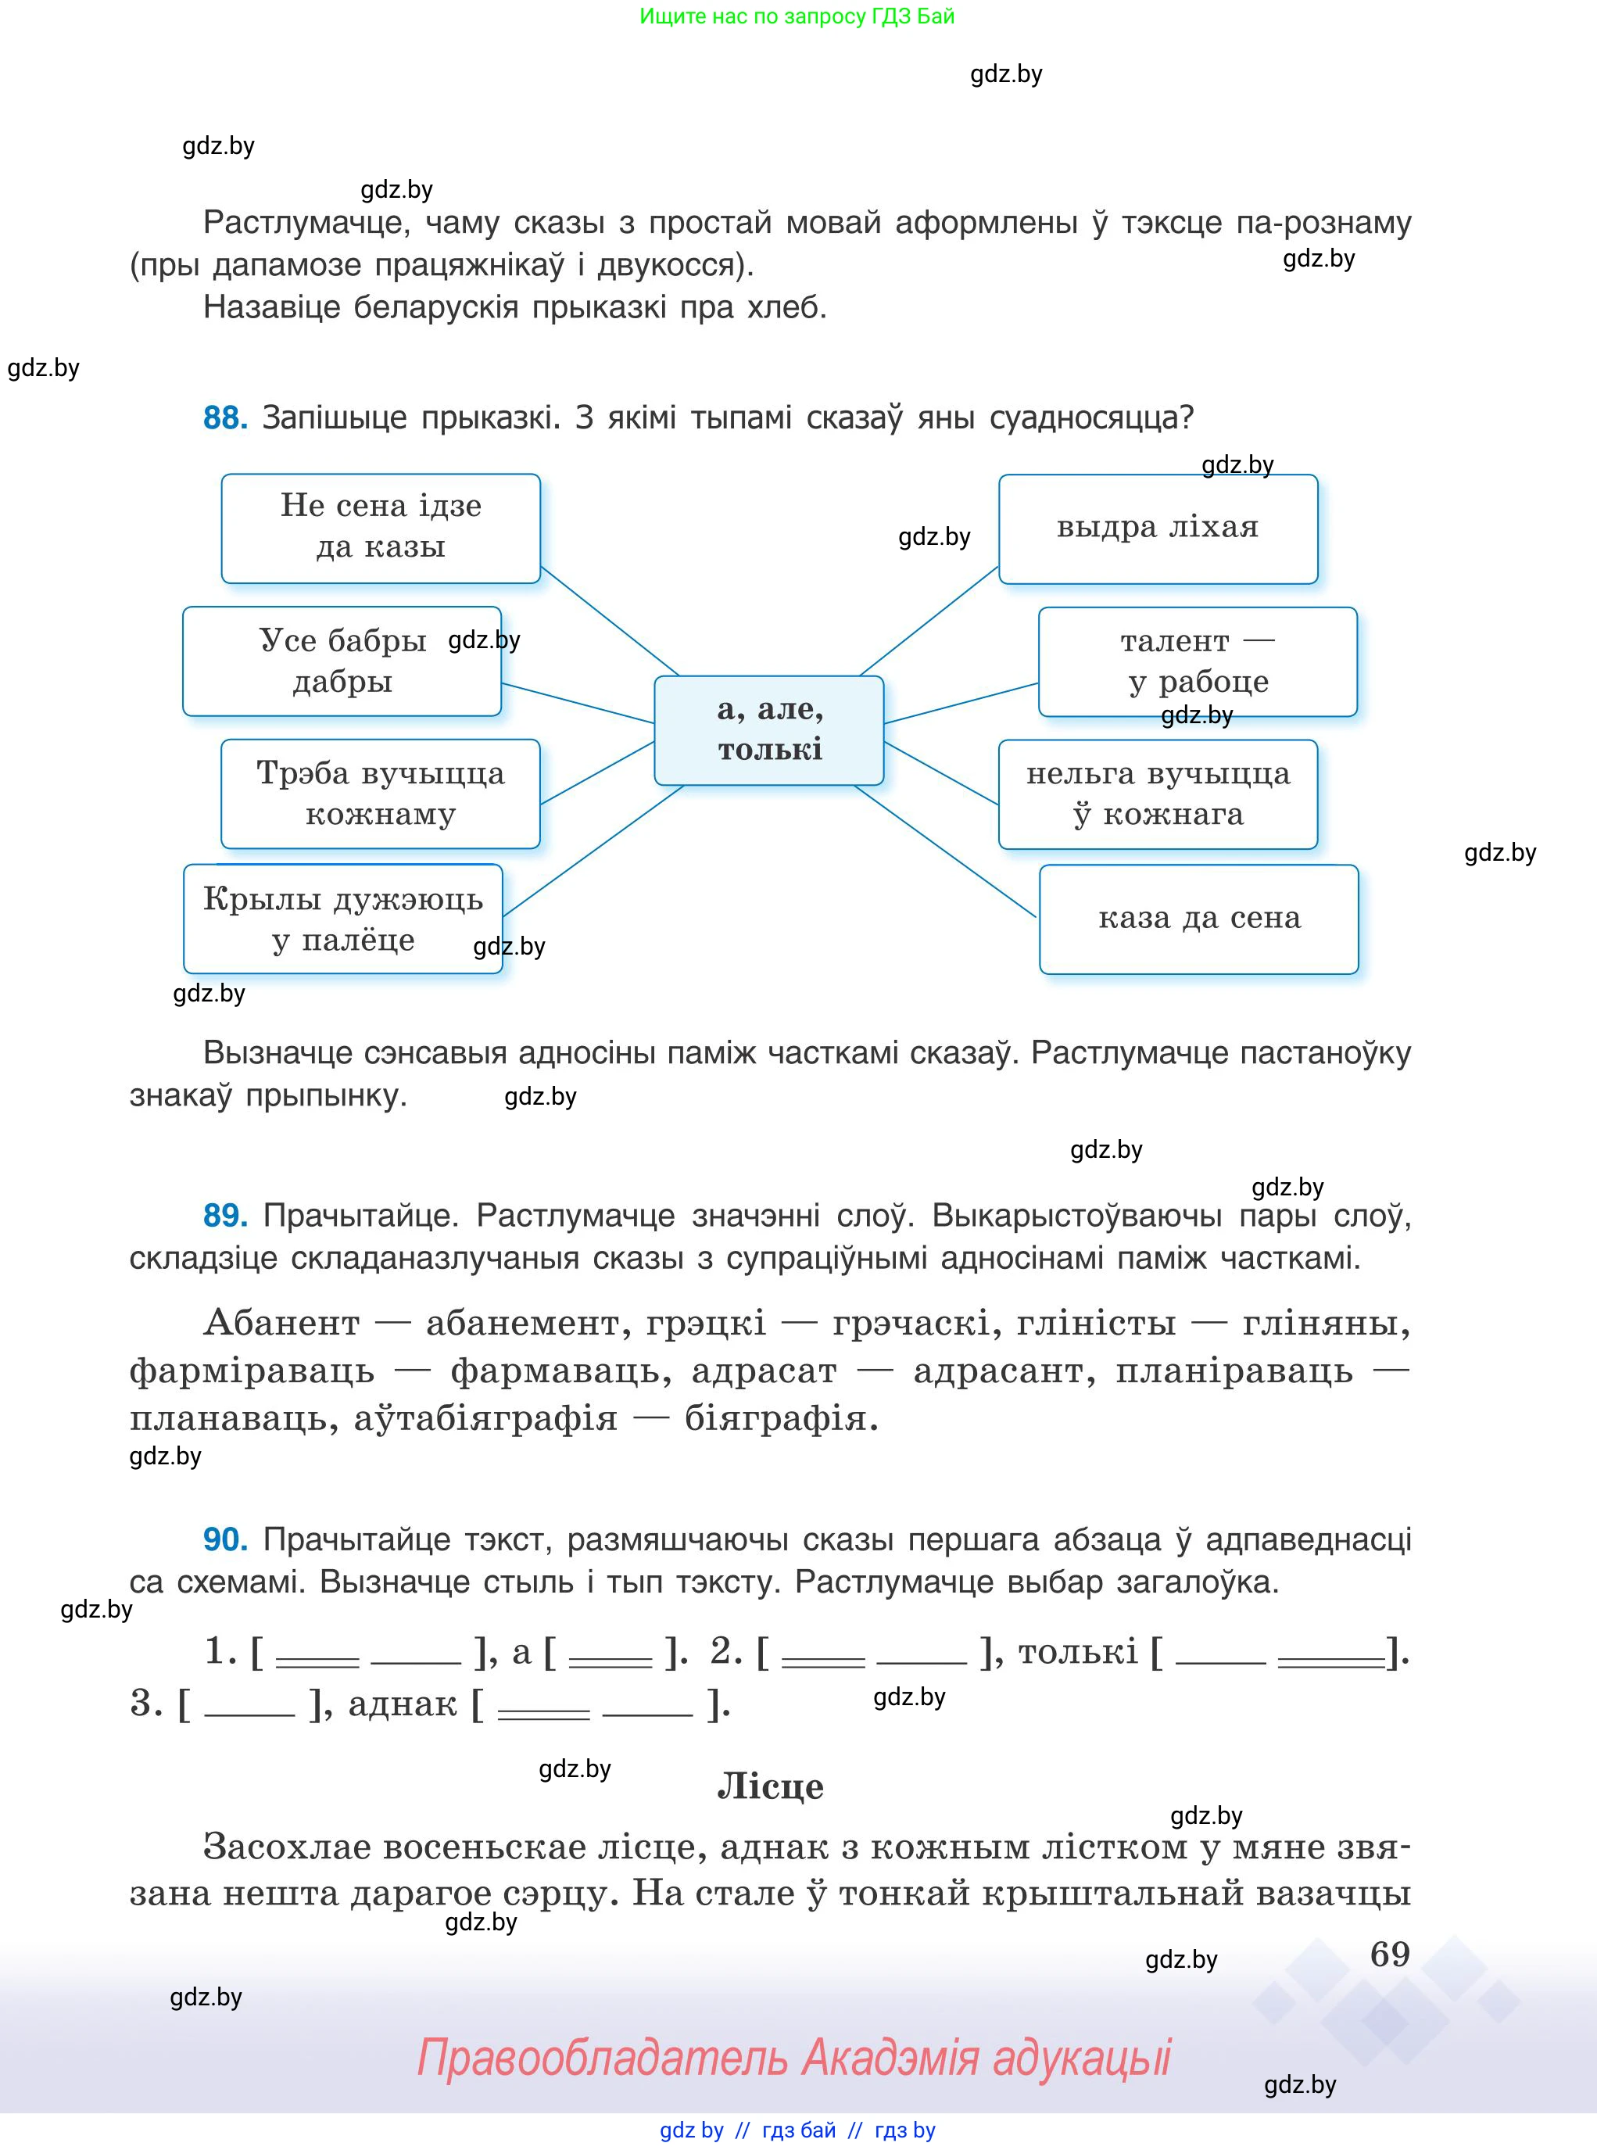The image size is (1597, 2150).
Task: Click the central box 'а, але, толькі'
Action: coord(768,730)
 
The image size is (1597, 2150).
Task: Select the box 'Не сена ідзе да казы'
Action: coord(380,528)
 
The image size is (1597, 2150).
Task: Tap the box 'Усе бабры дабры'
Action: coord(342,661)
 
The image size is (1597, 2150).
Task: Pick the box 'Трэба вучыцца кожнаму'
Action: coord(380,794)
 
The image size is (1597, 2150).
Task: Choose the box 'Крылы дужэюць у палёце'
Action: coord(342,919)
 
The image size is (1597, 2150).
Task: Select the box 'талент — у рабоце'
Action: coord(1197,661)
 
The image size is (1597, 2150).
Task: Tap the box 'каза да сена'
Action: coord(1198,919)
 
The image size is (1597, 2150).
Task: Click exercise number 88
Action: coord(225,417)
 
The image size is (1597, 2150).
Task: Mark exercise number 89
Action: coord(225,1215)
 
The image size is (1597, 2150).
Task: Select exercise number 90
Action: coord(225,1539)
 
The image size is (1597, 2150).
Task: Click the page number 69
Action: coord(1389,1954)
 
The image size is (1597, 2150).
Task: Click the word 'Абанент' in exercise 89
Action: coord(281,1321)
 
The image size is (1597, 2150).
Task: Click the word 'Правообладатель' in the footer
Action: coord(601,2057)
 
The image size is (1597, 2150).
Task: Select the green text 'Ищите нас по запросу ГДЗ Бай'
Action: coord(797,16)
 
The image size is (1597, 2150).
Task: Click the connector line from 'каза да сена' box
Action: coord(945,851)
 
